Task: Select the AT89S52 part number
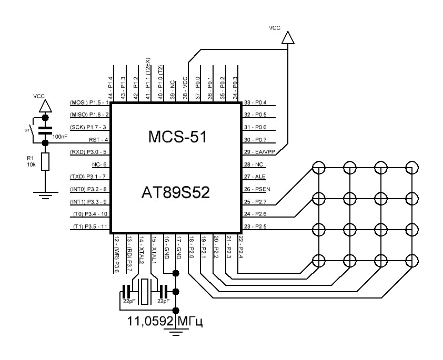(175, 192)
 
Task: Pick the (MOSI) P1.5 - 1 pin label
(89, 102)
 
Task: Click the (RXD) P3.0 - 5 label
(89, 152)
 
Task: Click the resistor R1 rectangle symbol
(45, 162)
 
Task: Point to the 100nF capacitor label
(59, 137)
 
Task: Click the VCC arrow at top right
(287, 37)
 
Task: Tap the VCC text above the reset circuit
(39, 96)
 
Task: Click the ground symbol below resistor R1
(45, 196)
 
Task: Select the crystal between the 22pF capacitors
(145, 291)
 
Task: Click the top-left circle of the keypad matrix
(317, 168)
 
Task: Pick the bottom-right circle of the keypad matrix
(412, 261)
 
